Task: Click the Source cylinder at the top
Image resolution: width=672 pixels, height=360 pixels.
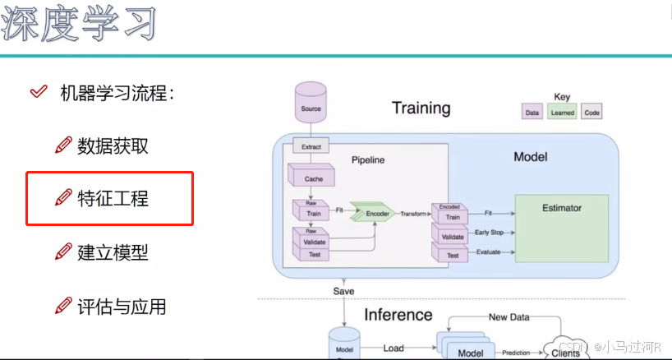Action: point(311,104)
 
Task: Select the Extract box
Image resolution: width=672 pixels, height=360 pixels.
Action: point(311,147)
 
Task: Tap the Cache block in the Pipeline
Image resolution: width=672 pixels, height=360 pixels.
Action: point(313,178)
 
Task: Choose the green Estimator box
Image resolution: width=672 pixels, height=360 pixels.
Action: point(561,228)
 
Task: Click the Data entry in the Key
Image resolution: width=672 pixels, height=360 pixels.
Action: point(532,113)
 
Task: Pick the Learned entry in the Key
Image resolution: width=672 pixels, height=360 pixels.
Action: point(562,113)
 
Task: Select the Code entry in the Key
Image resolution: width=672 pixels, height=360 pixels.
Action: point(591,113)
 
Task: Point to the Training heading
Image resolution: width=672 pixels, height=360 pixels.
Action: point(421,108)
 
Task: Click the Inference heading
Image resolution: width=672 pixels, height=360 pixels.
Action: point(398,315)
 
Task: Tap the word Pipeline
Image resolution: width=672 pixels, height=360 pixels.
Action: point(367,159)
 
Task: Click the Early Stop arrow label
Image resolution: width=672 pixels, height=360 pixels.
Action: point(490,233)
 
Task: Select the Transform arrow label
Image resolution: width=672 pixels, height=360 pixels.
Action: point(413,214)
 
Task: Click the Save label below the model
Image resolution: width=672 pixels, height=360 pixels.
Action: point(343,292)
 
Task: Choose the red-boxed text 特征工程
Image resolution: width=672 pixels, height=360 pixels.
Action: point(113,198)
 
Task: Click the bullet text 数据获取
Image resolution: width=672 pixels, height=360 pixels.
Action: point(113,147)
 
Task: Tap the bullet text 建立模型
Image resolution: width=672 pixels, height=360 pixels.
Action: point(113,252)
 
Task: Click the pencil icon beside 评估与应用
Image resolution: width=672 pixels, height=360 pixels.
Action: point(63,307)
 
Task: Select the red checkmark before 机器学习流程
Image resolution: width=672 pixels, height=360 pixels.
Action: point(38,92)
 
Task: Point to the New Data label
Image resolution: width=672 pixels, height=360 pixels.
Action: point(509,316)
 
